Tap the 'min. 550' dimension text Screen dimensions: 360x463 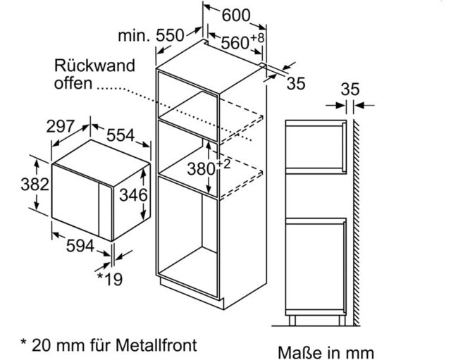click(151, 35)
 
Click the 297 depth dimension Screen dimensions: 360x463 click(61, 126)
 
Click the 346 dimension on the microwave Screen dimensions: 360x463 click(133, 194)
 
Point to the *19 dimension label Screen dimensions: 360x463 click(109, 279)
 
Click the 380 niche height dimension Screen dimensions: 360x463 click(202, 169)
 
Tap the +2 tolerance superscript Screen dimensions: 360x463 click(223, 163)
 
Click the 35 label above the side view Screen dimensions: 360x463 click(350, 89)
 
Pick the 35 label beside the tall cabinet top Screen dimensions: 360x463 click(297, 83)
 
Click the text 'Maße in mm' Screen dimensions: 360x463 click(326, 351)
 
